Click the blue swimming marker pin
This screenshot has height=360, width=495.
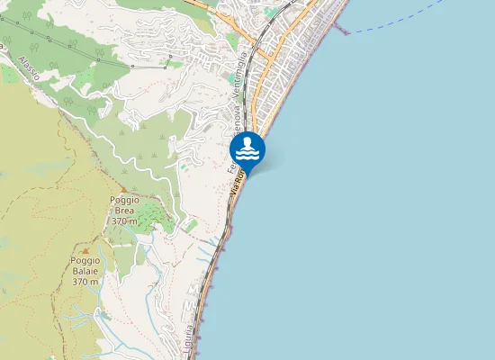coord(247,149)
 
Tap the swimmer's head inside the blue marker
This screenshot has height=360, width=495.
coord(247,143)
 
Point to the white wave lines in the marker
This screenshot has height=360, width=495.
coord(247,155)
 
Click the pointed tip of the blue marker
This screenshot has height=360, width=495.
coord(247,172)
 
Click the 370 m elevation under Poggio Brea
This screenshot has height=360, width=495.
coord(124,220)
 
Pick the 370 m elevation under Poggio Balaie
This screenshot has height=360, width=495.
coord(85,282)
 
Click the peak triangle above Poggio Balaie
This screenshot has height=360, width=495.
coord(85,249)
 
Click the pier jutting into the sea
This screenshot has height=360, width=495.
coord(340,27)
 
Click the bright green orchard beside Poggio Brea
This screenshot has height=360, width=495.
coord(153,215)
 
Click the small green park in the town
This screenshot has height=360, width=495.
coord(271,13)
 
